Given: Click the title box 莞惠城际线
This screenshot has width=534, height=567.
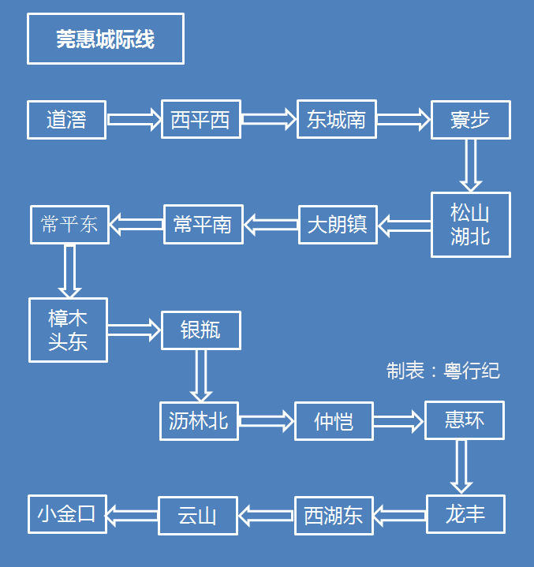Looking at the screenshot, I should click(x=106, y=39).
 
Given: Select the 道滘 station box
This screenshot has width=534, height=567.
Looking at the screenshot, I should click(x=66, y=120).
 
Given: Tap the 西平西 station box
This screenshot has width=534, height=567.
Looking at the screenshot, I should click(x=201, y=119).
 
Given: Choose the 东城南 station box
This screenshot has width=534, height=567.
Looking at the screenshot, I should click(x=337, y=119).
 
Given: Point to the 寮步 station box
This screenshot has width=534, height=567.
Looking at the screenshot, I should click(x=470, y=120).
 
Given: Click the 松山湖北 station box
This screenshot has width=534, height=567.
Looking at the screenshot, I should click(x=470, y=225).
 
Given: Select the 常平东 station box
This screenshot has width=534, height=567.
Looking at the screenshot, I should click(x=69, y=225).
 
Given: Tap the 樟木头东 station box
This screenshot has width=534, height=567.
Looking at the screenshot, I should click(x=68, y=330).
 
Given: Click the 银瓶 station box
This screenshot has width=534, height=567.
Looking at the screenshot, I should click(x=200, y=330).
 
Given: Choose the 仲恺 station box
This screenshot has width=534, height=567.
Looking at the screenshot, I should click(x=334, y=421).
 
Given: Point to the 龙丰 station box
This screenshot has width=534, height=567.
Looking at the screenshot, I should click(x=465, y=515).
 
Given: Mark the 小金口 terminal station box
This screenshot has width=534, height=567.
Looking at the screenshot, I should click(x=67, y=514).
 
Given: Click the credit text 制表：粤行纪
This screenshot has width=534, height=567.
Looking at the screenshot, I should click(x=443, y=371).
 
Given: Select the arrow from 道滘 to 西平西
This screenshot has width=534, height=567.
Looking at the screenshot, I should click(x=133, y=120).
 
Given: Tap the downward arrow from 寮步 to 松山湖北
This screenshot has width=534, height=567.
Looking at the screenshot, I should click(x=471, y=165).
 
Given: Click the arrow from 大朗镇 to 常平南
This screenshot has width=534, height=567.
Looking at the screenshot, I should click(x=271, y=225).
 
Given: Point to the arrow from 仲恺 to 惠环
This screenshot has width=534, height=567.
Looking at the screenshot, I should click(x=398, y=421).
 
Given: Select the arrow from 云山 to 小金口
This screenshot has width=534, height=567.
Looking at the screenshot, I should click(x=133, y=516).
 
